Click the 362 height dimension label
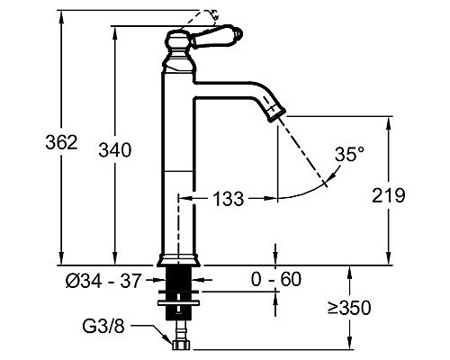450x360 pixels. (x=61, y=142)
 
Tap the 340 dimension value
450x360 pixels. (x=115, y=150)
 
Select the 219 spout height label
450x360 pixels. (x=389, y=195)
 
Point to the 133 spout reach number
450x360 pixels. (x=228, y=199)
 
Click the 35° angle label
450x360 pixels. (x=349, y=154)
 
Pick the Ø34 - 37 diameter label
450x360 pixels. (x=103, y=282)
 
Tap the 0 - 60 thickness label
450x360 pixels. (x=276, y=279)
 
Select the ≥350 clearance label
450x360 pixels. (x=349, y=308)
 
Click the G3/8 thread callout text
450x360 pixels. (x=103, y=327)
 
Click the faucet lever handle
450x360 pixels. (x=217, y=36)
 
